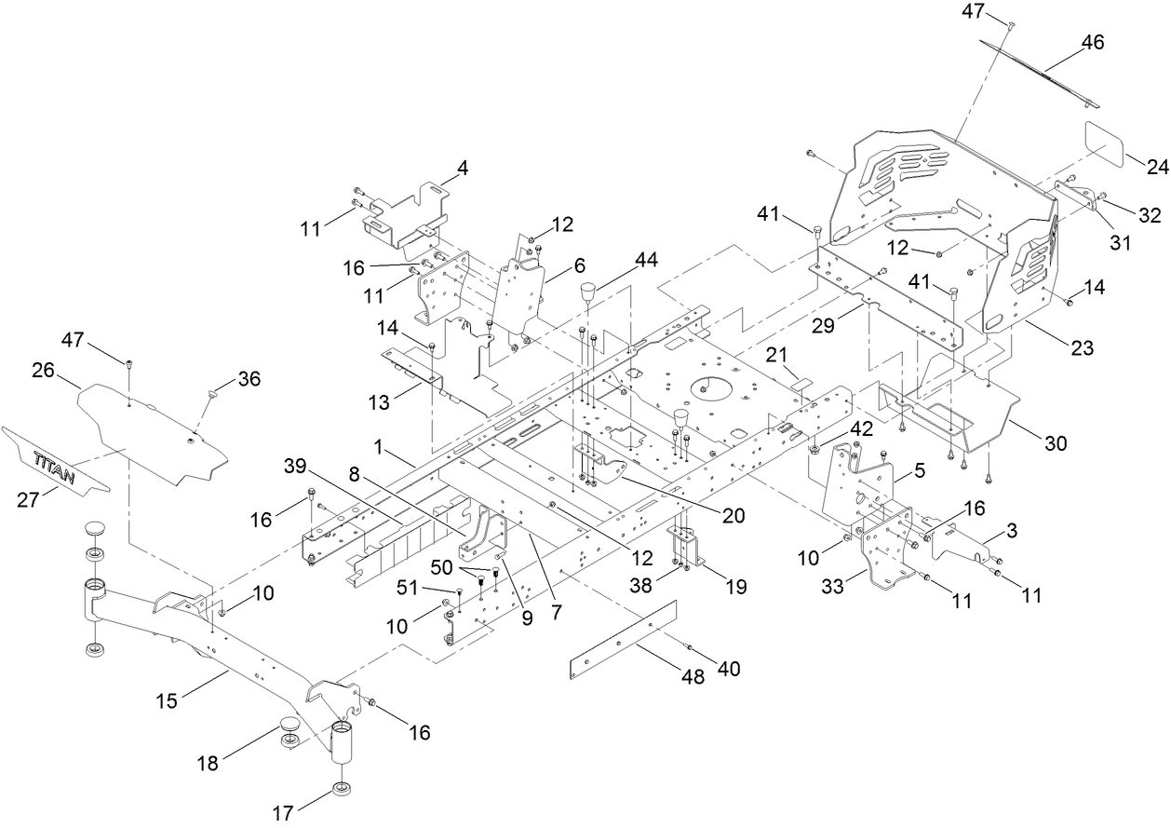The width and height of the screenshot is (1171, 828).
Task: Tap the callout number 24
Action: coord(1157,168)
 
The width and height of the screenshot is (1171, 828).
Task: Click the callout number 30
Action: coord(1056,444)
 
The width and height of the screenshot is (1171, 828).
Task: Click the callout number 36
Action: coord(249,379)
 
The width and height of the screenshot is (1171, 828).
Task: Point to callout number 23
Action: coord(1082,348)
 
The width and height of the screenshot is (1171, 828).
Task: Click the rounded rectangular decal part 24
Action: coord(1107,142)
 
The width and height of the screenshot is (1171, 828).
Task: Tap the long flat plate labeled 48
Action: coord(621,641)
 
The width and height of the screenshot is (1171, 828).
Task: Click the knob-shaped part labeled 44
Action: coord(588,294)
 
